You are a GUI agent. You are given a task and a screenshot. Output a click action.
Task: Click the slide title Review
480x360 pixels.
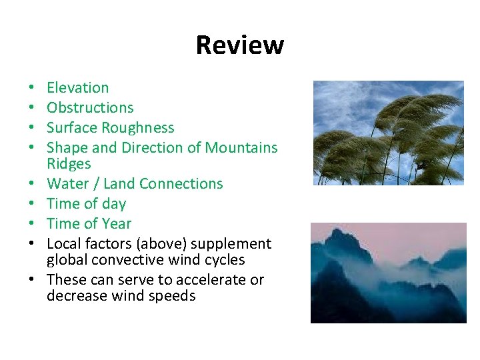(x=240, y=45)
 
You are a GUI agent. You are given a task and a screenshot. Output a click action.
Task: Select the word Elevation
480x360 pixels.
(x=77, y=88)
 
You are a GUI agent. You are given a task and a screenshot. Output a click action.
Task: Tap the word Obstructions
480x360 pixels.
(x=90, y=108)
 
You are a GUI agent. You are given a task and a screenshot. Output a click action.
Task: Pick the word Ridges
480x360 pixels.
(x=69, y=164)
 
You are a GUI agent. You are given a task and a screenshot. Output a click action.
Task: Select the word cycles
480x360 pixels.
(x=225, y=260)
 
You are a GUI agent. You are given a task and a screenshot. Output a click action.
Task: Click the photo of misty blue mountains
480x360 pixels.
(x=389, y=273)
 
